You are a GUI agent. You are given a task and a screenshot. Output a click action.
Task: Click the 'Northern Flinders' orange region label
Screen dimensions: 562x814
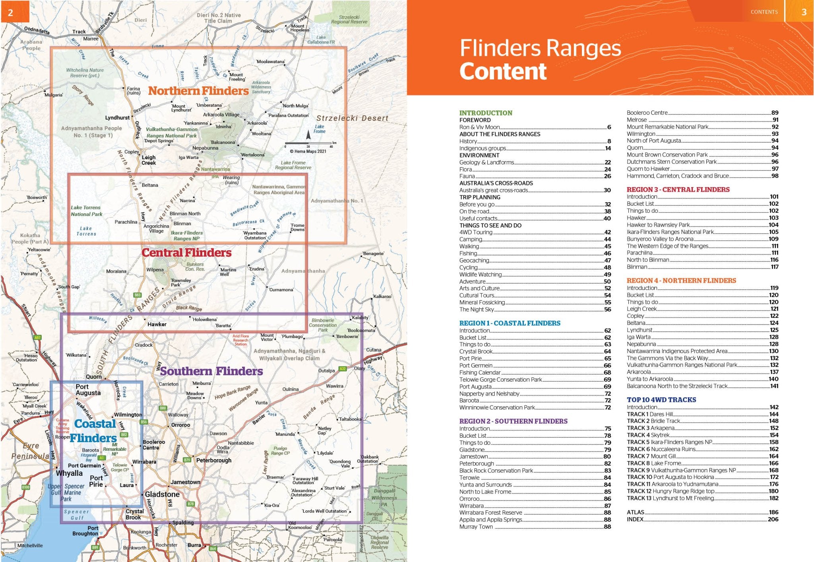(x=198, y=91)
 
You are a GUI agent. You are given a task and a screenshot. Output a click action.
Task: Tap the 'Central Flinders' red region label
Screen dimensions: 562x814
(x=186, y=253)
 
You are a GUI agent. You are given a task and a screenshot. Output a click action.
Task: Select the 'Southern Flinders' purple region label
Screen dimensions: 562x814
(x=211, y=371)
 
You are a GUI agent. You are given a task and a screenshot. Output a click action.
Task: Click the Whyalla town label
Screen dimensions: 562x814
(x=69, y=473)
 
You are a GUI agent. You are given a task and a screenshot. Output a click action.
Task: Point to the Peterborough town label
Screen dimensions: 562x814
(x=214, y=460)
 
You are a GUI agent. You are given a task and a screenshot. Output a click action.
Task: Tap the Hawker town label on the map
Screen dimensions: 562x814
(x=157, y=324)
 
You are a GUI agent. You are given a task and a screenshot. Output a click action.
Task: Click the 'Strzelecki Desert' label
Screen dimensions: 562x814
(x=352, y=118)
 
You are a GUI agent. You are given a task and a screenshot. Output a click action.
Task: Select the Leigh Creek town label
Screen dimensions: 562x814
(x=149, y=160)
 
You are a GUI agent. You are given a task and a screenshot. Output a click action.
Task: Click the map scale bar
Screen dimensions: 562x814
(x=308, y=143)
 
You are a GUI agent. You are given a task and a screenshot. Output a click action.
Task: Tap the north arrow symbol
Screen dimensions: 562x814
(x=308, y=135)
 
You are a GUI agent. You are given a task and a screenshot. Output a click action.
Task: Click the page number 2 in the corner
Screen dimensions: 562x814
(x=10, y=12)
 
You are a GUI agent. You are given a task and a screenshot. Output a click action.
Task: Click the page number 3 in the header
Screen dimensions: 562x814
(x=804, y=12)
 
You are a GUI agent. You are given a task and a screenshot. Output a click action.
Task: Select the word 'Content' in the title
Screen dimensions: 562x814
(x=503, y=71)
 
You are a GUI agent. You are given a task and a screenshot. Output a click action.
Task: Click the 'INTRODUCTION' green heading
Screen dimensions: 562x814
(x=486, y=113)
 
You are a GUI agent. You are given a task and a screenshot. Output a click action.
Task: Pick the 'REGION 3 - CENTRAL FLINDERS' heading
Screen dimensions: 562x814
(x=678, y=189)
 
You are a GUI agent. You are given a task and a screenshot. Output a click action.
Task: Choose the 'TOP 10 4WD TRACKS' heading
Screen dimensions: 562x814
(x=661, y=400)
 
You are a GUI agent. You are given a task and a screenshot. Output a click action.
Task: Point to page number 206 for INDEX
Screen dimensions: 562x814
(x=773, y=519)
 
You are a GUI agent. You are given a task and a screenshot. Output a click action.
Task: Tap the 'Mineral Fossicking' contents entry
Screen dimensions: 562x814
(x=482, y=302)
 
